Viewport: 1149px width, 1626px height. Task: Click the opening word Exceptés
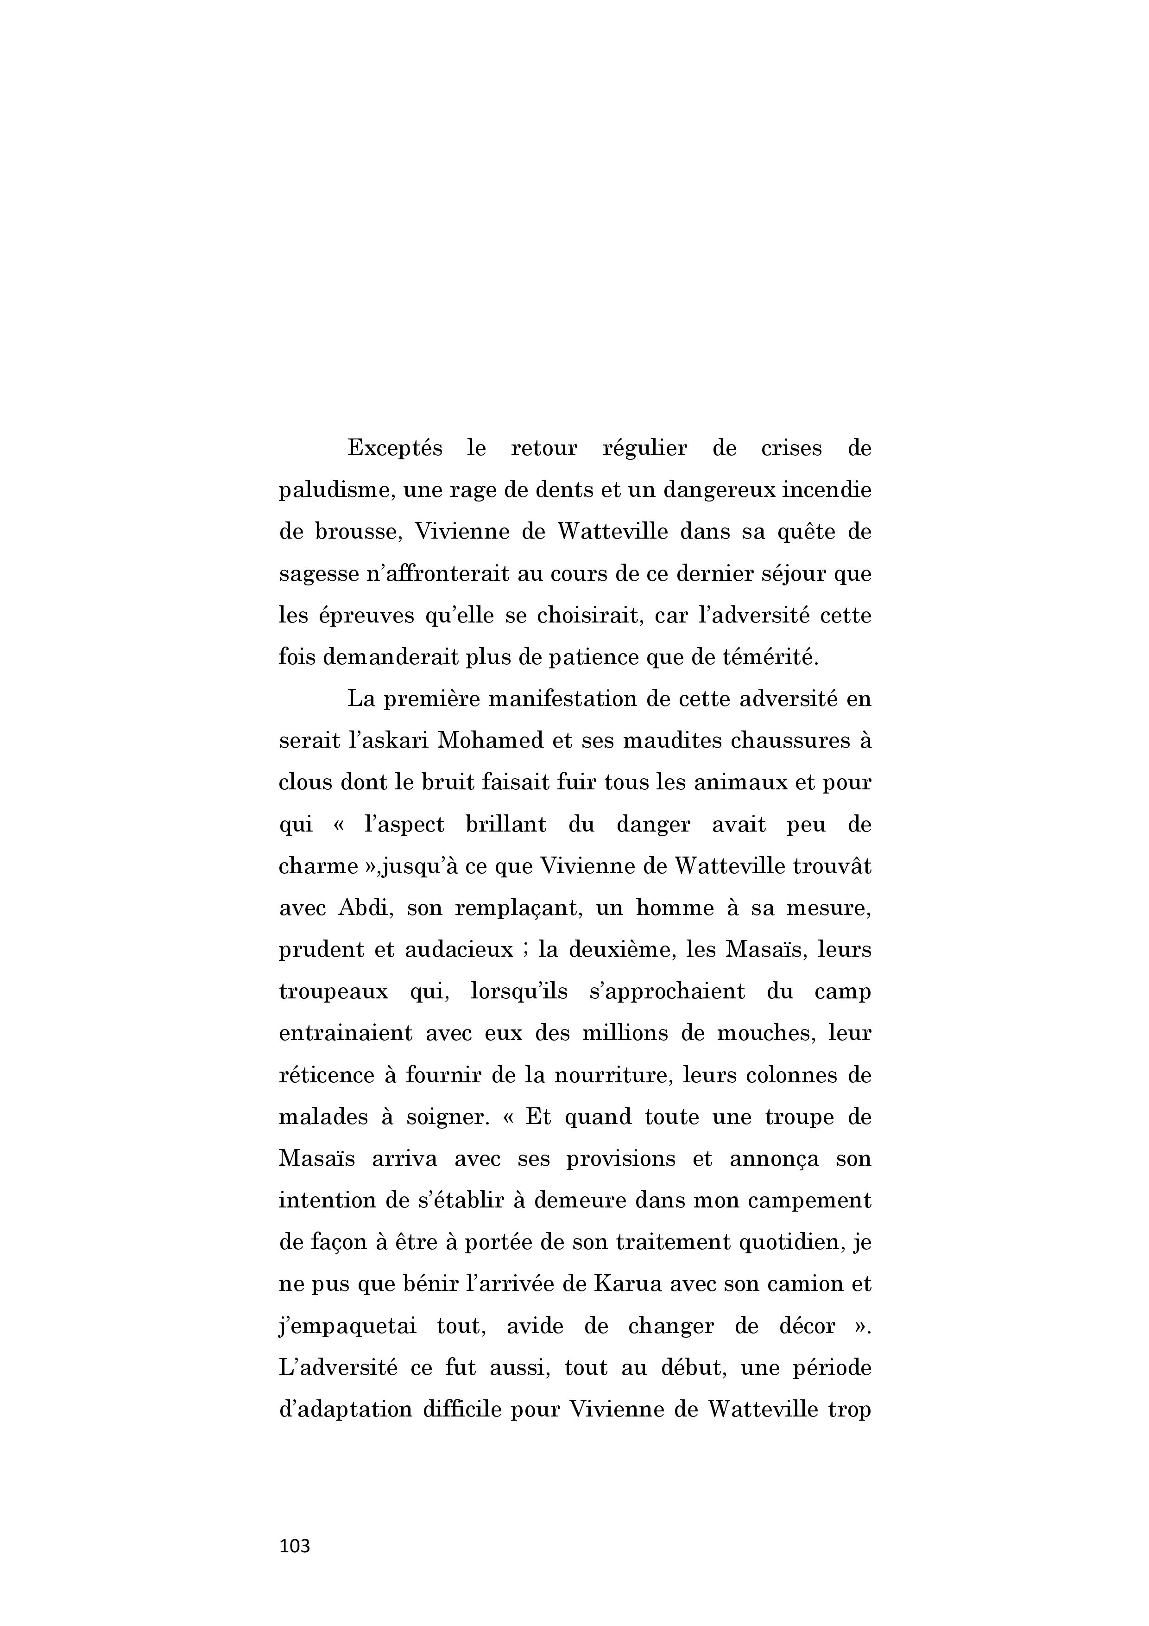[x=394, y=449]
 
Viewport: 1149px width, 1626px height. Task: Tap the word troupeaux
[x=334, y=992]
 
